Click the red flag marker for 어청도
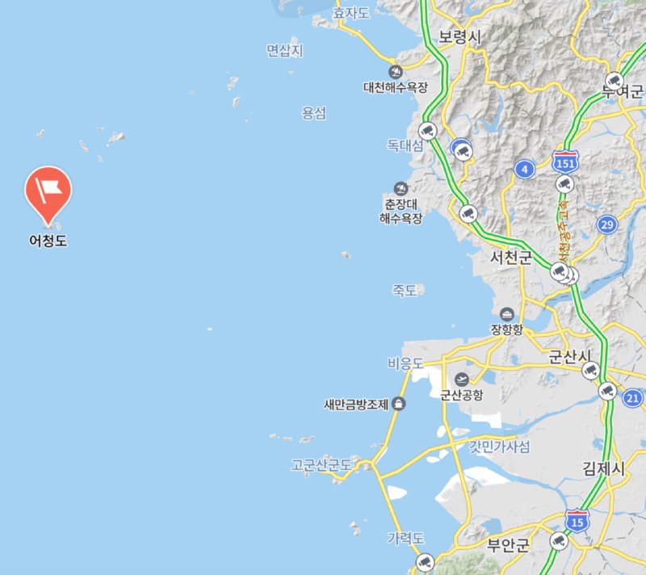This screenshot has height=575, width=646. coord(48,187)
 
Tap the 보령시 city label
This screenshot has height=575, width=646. coord(459,38)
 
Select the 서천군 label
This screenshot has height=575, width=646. coord(512,258)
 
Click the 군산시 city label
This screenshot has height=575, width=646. coord(570,357)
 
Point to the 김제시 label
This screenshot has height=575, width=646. coord(604,468)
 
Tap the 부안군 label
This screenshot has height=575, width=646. coord(507,544)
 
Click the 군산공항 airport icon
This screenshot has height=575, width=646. coord(462,379)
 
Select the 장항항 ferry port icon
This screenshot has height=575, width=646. coord(507,313)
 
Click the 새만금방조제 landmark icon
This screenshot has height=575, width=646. coord(398,404)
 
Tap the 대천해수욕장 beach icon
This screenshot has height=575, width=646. coord(395,71)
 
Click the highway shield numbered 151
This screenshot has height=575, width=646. coord(565,162)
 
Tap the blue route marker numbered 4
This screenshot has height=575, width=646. coord(525,169)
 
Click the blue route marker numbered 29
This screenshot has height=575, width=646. coord(607,224)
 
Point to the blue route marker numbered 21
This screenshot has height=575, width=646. coord(632,397)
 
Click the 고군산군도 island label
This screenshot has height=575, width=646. coord(321,465)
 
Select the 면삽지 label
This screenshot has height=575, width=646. coord(284,51)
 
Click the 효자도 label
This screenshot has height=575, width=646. coord(351,12)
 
